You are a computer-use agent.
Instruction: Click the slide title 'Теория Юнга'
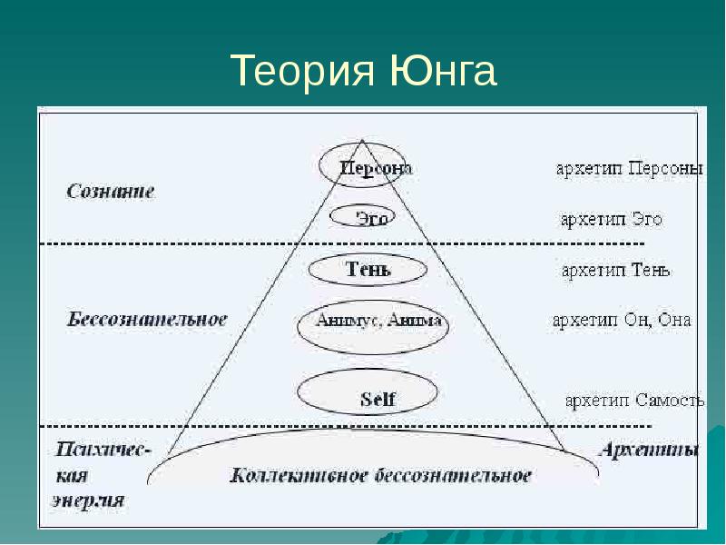[x=363, y=71]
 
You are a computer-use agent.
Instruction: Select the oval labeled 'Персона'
[x=361, y=166]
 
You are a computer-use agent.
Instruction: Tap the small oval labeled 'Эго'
[x=360, y=217]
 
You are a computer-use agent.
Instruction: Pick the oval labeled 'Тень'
[x=367, y=270]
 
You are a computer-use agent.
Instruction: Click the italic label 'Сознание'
[x=111, y=192]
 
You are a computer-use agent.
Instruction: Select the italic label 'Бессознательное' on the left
[x=146, y=320]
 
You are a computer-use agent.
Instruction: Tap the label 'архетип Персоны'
[x=629, y=170]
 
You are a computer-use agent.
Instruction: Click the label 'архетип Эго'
[x=610, y=219]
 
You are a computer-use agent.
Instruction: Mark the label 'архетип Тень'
[x=616, y=270]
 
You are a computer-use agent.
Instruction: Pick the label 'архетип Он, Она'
[x=622, y=320]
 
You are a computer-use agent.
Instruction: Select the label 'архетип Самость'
[x=634, y=401]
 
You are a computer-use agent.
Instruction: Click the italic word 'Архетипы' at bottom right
[x=650, y=450]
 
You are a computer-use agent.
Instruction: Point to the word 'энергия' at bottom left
[x=88, y=500]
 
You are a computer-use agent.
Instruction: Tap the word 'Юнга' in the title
[x=445, y=71]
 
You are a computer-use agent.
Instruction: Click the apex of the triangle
[x=360, y=140]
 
